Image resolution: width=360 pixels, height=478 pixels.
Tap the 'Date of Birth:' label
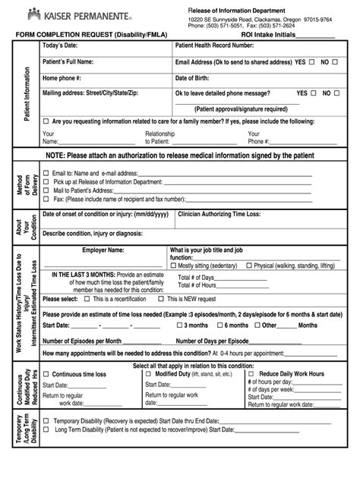(x=196, y=77)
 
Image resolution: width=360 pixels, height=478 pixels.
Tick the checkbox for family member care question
(x=46, y=121)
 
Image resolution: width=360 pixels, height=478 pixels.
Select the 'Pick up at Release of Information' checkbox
(x=46, y=182)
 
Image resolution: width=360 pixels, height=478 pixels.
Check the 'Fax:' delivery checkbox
(x=46, y=199)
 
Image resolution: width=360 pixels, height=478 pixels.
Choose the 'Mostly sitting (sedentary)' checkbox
(x=174, y=266)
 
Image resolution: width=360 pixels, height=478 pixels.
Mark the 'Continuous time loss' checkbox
(x=46, y=374)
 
